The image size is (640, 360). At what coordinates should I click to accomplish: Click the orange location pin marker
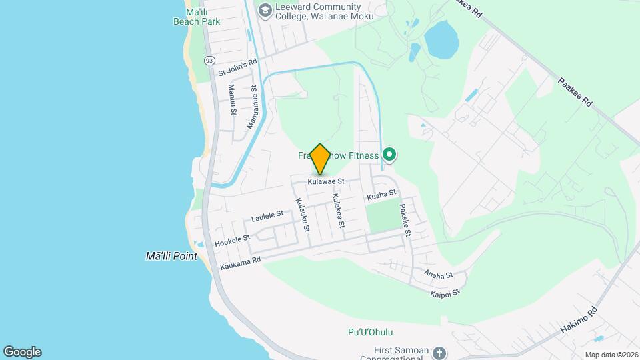pos(321,159)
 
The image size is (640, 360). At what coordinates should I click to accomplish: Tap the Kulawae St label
pos(326,181)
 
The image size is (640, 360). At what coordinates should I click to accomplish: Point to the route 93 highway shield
pos(210,60)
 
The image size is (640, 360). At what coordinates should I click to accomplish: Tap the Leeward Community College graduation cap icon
pos(265,9)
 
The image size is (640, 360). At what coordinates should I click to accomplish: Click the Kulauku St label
pos(302,215)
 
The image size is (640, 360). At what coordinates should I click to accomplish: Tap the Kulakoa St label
pos(337,211)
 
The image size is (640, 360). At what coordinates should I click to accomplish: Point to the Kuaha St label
pos(382,195)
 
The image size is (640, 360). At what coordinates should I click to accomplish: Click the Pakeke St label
pos(405,221)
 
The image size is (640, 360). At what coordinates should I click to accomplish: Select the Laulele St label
pos(268,215)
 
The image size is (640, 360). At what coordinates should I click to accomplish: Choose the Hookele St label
pos(233,240)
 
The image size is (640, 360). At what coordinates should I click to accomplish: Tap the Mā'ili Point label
pos(172,255)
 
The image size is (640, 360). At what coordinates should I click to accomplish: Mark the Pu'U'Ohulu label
pos(371,332)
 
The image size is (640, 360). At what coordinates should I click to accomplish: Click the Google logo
pos(22,352)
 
